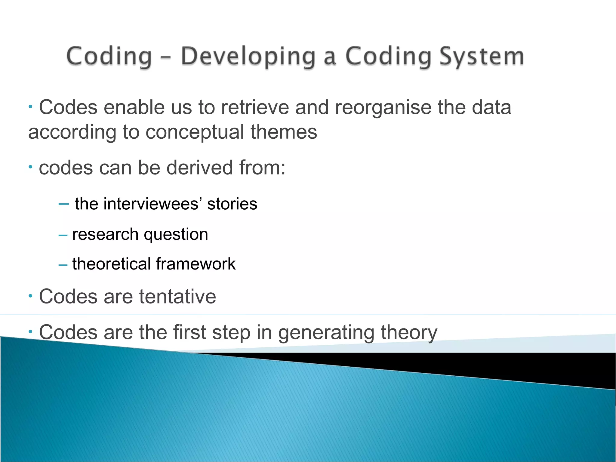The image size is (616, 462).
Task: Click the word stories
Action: click(x=232, y=204)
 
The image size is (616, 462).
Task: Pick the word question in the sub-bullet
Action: click(x=176, y=234)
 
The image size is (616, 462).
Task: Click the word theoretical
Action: click(x=111, y=264)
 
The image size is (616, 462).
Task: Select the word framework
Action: click(x=196, y=264)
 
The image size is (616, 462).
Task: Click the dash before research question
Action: click(x=63, y=235)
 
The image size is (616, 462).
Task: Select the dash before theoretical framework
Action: click(x=63, y=265)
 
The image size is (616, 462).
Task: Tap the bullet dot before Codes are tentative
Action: click(x=30, y=296)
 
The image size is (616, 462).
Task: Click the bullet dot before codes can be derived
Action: click(x=30, y=167)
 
